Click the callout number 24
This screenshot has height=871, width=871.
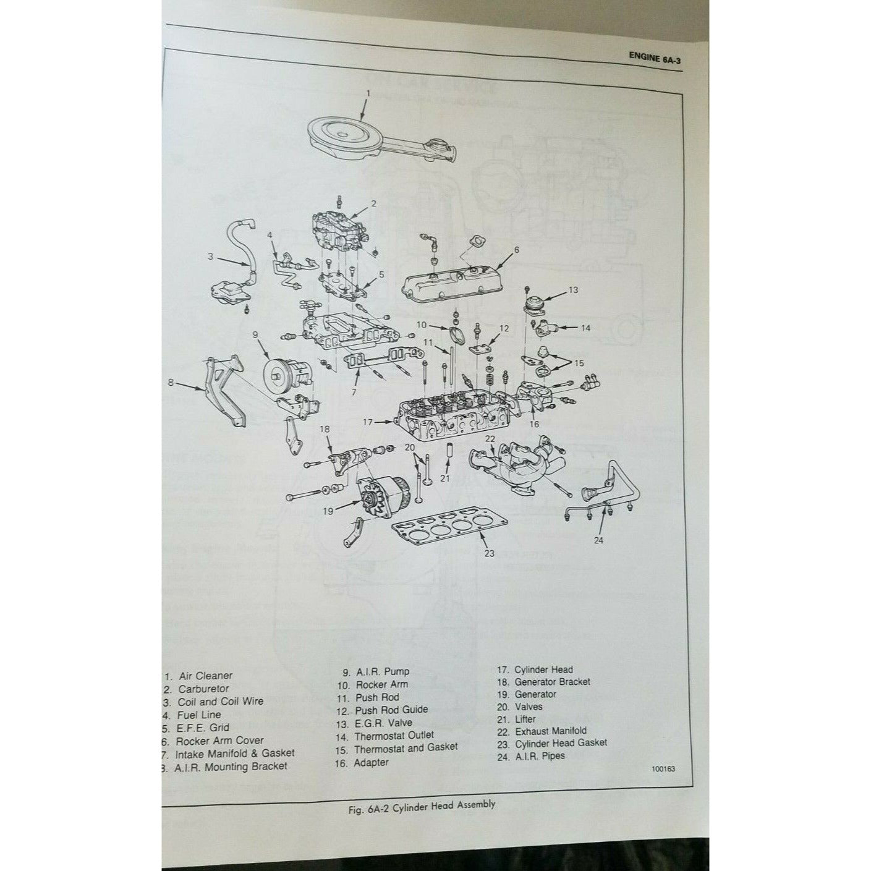(x=598, y=540)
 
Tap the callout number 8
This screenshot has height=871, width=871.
(x=171, y=383)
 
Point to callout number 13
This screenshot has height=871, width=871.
(x=573, y=289)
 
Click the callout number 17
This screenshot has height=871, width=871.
(x=368, y=422)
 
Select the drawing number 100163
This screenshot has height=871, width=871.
(x=663, y=770)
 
